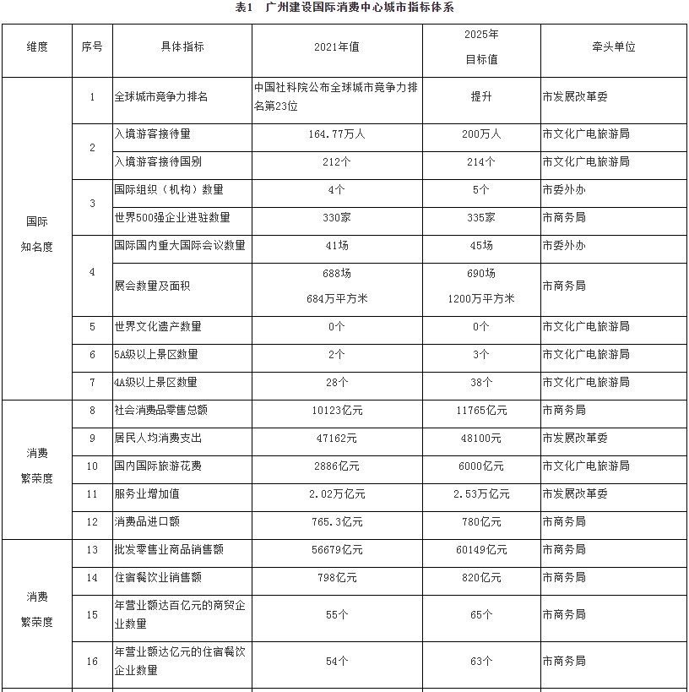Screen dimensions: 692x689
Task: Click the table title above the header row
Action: pos(345,8)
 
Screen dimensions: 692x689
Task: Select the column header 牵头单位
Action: pos(613,47)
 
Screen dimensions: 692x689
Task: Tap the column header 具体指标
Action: pos(182,47)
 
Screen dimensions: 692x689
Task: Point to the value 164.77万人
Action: pos(337,133)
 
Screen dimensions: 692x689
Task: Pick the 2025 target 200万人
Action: pos(480,133)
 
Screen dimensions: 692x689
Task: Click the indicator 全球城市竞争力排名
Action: pos(160,96)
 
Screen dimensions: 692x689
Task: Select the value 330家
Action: pos(337,217)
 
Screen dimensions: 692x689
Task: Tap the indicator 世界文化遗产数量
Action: pos(158,326)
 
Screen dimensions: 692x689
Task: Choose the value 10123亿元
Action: pos(337,411)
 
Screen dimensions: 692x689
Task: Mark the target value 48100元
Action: pos(480,439)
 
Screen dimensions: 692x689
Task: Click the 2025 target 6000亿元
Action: pos(480,466)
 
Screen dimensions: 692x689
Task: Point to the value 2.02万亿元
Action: pos(337,493)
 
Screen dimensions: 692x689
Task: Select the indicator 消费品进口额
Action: pos(148,521)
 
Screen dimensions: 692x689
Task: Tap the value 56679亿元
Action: pos(337,549)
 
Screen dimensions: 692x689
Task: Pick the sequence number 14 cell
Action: pos(92,577)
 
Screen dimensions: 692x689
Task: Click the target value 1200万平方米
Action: pos(480,298)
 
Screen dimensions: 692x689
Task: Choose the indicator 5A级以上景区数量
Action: pos(156,354)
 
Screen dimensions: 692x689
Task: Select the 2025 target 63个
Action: pos(480,661)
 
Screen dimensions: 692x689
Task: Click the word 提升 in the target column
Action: pos(480,96)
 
